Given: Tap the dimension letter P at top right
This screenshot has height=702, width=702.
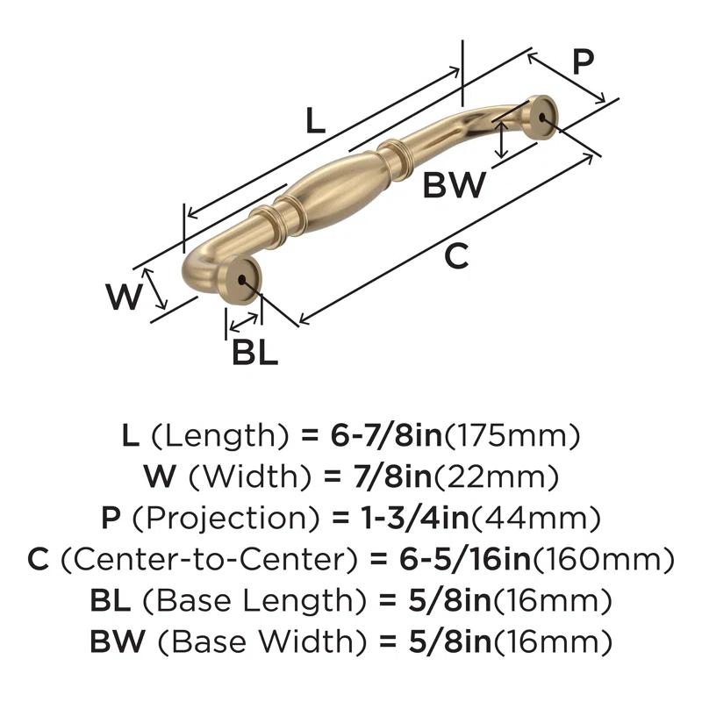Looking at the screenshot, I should coord(583,63).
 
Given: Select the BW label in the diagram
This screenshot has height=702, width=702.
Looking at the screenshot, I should coord(455,185).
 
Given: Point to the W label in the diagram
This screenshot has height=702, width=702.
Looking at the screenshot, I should coord(124,297).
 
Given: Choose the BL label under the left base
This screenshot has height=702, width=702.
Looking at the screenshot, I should coord(255,352).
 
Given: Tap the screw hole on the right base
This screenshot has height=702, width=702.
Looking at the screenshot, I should coord(544,114).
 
